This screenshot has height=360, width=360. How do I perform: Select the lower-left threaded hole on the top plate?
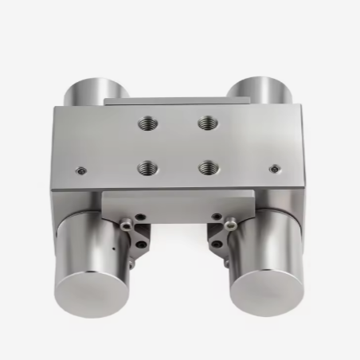click(146, 167)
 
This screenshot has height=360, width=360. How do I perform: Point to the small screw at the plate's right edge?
click(276, 169)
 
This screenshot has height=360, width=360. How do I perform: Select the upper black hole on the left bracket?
click(141, 216)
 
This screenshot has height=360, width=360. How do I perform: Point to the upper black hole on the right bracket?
click(215, 216)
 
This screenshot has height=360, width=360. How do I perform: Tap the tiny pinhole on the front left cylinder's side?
click(113, 248)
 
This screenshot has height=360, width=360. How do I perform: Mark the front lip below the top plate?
click(179, 198)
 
